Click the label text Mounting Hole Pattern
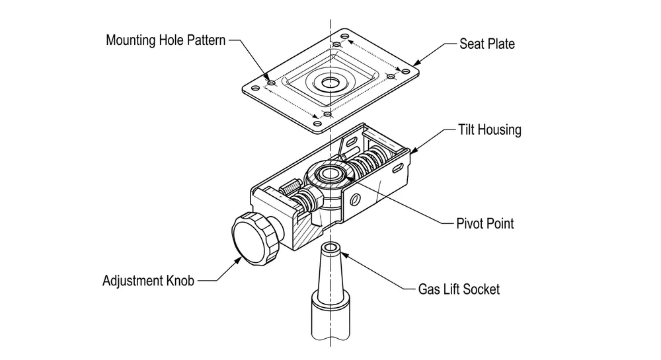(x=165, y=40)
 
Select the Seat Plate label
(x=486, y=44)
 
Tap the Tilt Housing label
(x=489, y=129)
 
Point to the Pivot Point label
(x=485, y=223)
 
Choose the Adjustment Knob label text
(x=149, y=281)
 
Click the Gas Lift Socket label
(x=459, y=289)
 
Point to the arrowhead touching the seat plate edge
(x=414, y=63)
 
